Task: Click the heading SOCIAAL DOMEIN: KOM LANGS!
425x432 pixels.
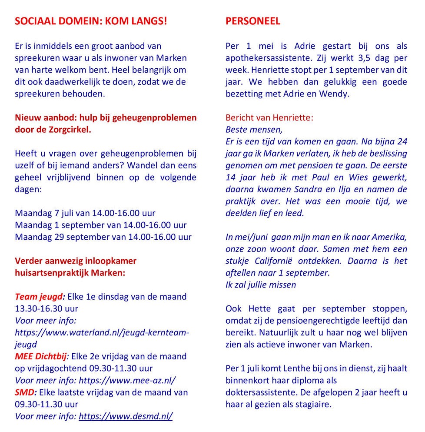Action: point(90,21)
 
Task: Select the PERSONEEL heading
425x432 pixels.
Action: point(253,21)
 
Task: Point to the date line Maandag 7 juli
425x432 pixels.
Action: point(85,213)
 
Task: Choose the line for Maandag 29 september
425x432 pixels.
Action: point(103,237)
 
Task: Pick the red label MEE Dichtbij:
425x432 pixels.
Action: point(42,356)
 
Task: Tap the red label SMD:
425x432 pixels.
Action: point(24,392)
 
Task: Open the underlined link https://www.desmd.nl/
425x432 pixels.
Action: point(126,416)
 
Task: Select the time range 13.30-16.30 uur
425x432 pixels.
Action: point(46,308)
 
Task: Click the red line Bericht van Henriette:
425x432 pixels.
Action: point(269,117)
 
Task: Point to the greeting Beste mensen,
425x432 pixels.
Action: point(254,130)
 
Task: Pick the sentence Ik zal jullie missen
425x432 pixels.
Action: point(261,285)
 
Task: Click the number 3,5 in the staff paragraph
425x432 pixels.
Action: point(349,58)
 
